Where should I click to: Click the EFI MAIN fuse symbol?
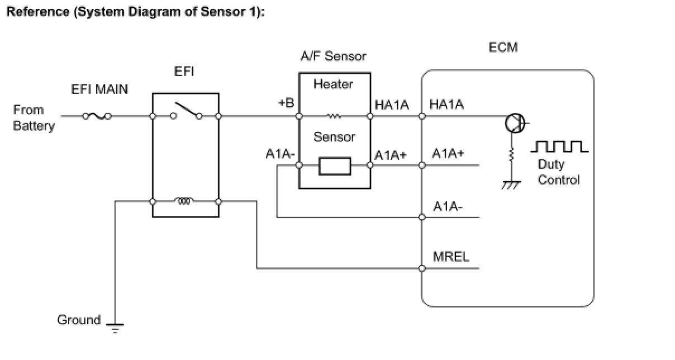(97, 116)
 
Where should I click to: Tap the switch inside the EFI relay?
(186, 111)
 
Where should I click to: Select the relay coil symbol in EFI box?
(184, 201)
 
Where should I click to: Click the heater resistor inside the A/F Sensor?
(334, 116)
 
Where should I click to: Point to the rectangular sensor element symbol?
(335, 166)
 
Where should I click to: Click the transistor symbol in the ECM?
(516, 123)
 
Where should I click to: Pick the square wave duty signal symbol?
(559, 146)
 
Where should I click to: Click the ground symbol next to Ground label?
(115, 328)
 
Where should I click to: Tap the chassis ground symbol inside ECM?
(511, 185)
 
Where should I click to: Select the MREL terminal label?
(451, 257)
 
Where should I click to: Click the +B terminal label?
(286, 103)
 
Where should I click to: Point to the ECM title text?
(503, 48)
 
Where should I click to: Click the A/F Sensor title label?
(333, 56)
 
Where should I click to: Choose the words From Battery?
(34, 118)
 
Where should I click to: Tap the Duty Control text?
(558, 172)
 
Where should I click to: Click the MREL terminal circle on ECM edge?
(422, 268)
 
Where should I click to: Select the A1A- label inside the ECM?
(448, 206)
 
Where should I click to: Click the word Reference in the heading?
(38, 11)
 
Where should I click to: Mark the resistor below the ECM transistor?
(511, 155)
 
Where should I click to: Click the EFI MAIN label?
(99, 89)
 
